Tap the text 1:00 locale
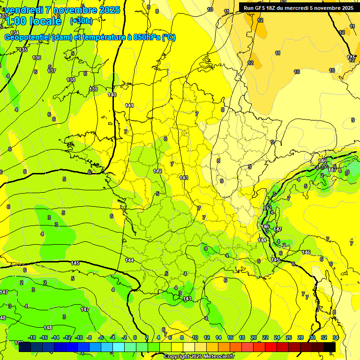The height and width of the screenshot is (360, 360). (33, 21)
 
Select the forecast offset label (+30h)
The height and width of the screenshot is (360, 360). (81, 21)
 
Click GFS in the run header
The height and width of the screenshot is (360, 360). (260, 8)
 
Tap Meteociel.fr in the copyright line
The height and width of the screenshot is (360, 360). (218, 357)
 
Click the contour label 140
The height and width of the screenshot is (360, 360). (112, 95)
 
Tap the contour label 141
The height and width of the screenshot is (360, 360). (129, 105)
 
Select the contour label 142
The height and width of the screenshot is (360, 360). (157, 171)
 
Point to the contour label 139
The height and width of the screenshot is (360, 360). (93, 89)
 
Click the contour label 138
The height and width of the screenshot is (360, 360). (71, 80)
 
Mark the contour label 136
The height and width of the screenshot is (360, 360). (37, 58)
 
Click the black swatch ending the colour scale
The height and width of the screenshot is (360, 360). (330, 347)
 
